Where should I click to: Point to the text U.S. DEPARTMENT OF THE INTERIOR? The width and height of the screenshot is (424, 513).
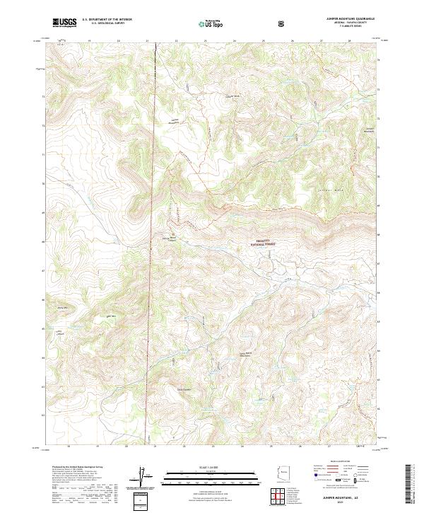pyautogui.click(x=107, y=20)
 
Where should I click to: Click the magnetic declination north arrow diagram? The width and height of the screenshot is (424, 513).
pyautogui.click(x=142, y=479)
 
